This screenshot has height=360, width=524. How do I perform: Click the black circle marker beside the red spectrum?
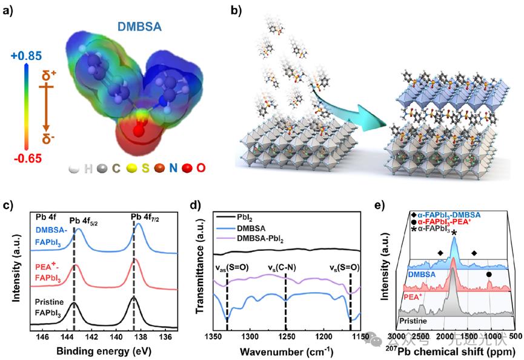[x=488, y=274]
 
